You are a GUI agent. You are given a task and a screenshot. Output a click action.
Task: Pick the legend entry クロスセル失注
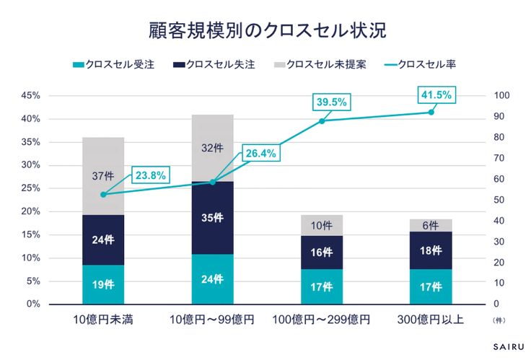221,64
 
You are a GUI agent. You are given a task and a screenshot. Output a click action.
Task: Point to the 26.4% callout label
259,154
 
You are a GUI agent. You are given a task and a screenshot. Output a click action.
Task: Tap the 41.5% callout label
435,95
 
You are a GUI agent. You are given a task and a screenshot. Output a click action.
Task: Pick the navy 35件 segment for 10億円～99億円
213,218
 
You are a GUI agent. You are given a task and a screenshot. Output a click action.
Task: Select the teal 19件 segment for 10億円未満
103,284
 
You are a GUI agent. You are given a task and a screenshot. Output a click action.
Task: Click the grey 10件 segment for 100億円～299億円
322,225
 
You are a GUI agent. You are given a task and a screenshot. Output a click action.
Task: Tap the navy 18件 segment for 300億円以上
431,250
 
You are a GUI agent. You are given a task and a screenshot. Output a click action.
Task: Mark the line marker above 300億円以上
431,112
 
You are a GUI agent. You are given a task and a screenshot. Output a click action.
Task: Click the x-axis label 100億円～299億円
322,319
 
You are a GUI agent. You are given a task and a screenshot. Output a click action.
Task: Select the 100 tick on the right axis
501,96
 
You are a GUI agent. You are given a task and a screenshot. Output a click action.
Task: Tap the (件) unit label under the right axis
499,318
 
